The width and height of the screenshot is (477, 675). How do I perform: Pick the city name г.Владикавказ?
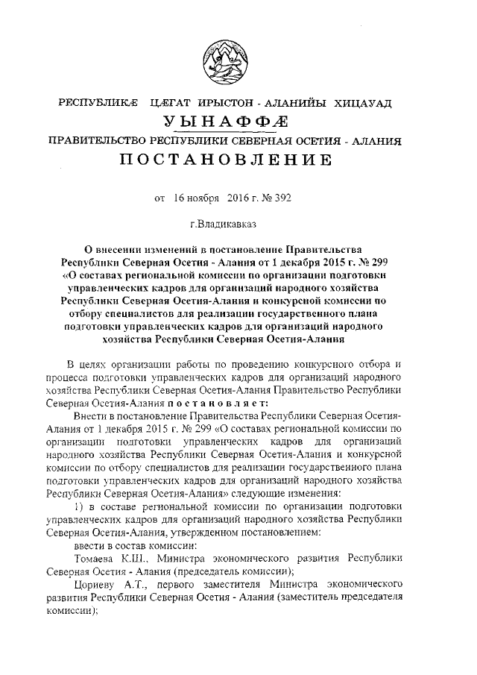click(224, 223)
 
